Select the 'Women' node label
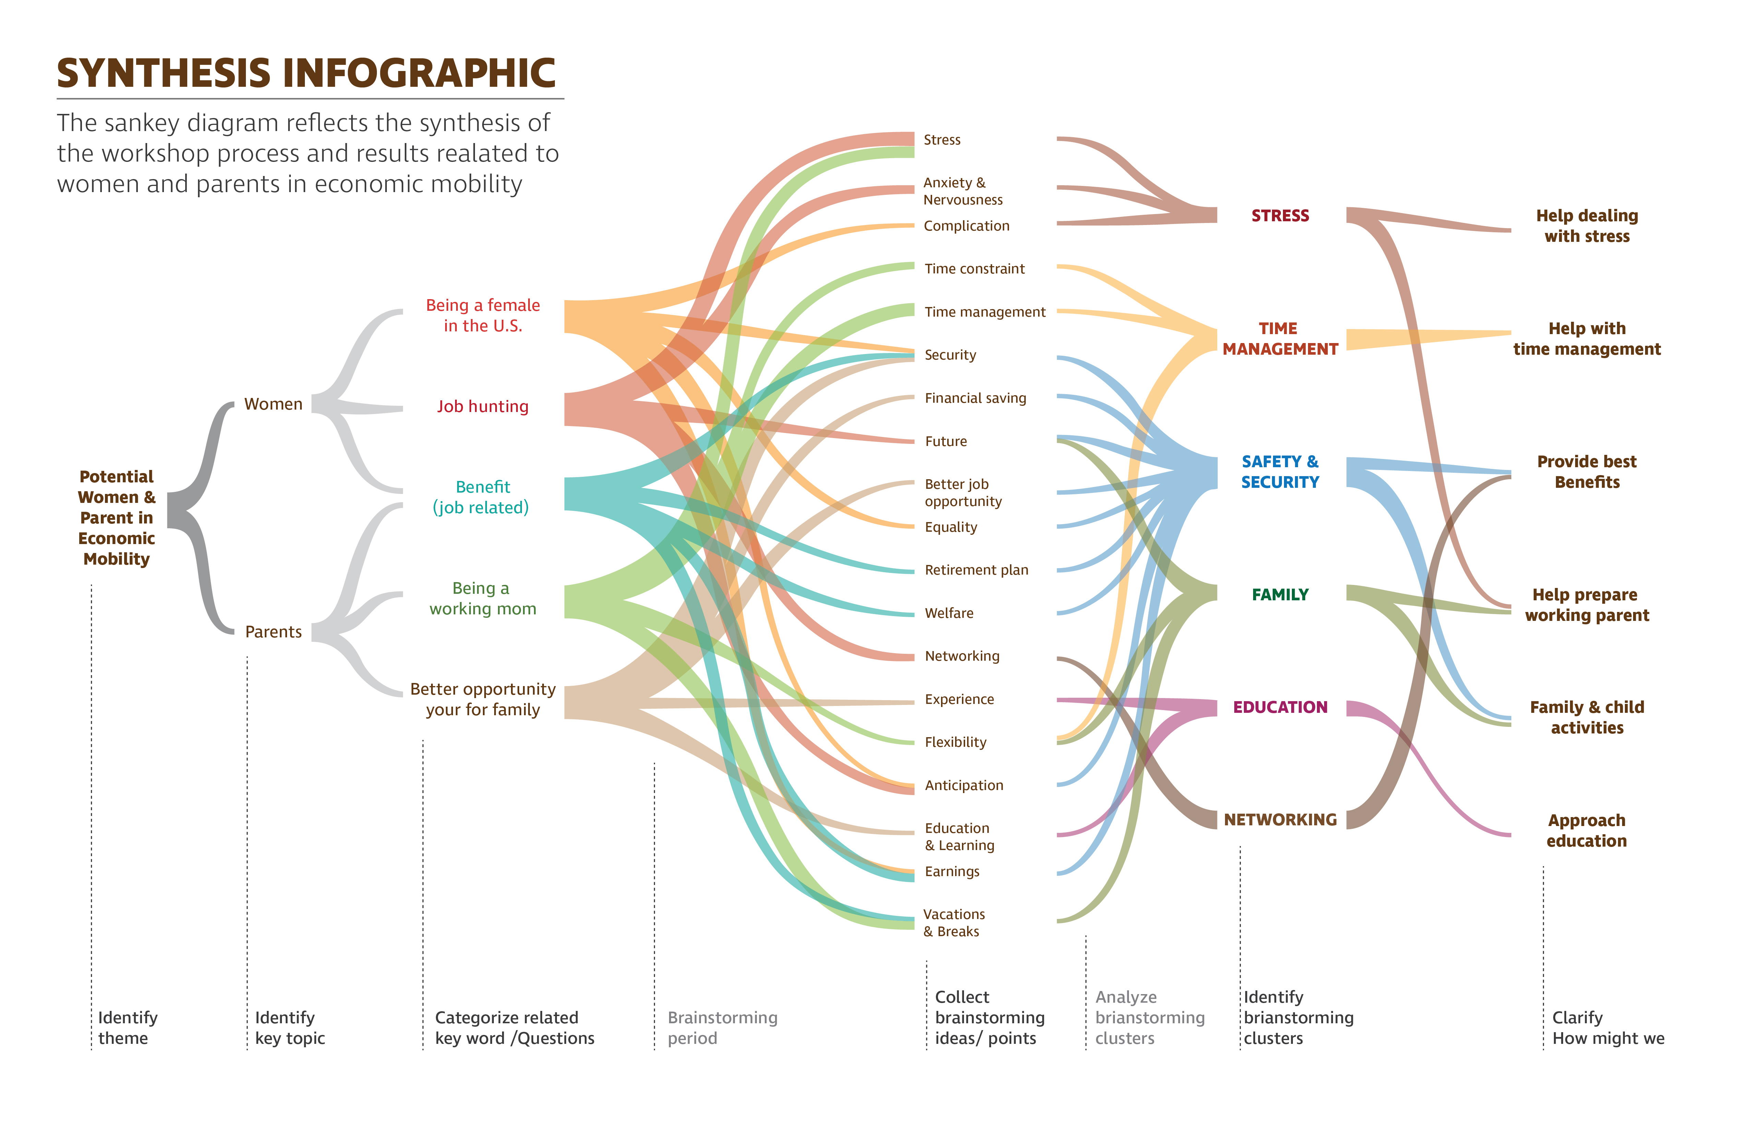[x=273, y=404]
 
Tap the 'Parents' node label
[x=273, y=632]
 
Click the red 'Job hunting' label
[x=483, y=406]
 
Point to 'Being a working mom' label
[x=483, y=598]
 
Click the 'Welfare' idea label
[x=949, y=613]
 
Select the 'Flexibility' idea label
[x=955, y=742]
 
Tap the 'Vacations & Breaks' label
[x=954, y=922]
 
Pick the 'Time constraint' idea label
[x=974, y=269]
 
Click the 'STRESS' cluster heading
[x=1280, y=216]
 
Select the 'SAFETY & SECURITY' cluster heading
[x=1280, y=472]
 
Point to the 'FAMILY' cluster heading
[x=1280, y=595]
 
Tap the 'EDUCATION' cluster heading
[x=1280, y=707]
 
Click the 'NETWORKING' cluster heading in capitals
[x=1280, y=819]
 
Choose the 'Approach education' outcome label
[x=1586, y=830]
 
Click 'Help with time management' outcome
[x=1586, y=339]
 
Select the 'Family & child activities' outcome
[x=1586, y=717]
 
